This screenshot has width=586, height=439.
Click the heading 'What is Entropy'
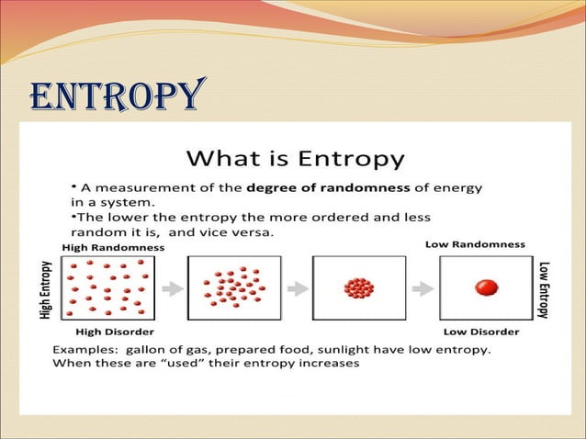point(294,158)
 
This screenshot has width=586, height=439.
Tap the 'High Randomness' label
point(113,247)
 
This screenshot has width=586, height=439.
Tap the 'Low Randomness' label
point(475,244)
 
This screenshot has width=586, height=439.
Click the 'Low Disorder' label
point(480,331)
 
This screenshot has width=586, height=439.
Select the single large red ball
point(486,288)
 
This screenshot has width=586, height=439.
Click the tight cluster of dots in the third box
point(358,288)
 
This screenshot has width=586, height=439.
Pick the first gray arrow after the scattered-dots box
point(172,288)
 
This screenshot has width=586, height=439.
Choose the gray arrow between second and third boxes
point(297,288)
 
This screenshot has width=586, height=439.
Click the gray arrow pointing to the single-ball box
point(422,288)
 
